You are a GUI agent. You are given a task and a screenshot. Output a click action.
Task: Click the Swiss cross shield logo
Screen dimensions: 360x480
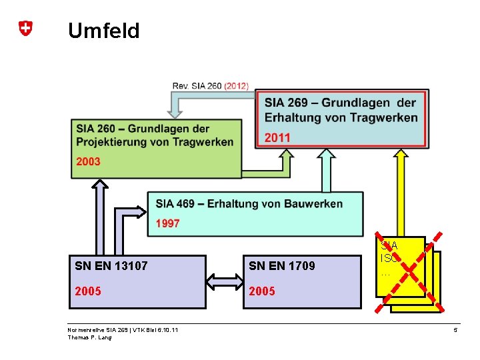25,29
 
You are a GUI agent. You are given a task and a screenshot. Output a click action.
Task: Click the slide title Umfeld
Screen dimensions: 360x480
103,31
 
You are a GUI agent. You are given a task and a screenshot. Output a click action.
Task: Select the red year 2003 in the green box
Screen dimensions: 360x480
88,161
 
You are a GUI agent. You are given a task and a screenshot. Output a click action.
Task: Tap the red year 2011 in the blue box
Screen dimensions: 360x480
277,137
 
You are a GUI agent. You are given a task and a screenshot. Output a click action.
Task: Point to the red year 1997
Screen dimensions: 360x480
168,223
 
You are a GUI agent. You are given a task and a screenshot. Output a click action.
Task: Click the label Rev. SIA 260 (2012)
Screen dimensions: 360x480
210,85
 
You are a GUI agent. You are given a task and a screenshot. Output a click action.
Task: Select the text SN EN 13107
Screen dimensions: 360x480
111,267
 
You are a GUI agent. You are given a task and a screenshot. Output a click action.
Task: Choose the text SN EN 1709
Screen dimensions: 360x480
281,267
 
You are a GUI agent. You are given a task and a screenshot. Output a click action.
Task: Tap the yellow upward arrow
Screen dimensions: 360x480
401,193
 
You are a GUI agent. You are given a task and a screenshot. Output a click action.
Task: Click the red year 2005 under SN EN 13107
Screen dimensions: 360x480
88,291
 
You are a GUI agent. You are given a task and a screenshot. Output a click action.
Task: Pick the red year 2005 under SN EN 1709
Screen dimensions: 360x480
262,291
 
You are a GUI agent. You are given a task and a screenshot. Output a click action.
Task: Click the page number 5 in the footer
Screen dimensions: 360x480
455,330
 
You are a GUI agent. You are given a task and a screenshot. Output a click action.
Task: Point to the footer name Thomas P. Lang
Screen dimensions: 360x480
90,337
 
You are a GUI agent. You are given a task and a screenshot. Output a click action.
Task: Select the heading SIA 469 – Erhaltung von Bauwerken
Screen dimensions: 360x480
249,203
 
